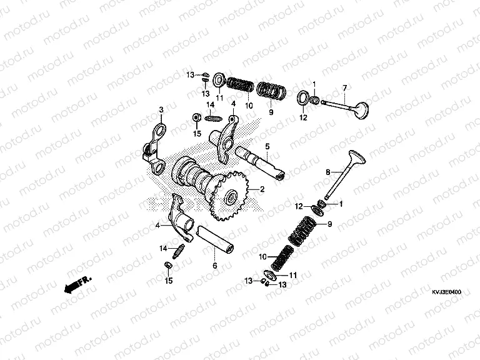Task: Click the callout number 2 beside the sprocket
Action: pos(262,189)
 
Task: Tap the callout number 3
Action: pos(161,110)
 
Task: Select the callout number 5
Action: pos(266,147)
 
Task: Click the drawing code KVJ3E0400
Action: pos(445,292)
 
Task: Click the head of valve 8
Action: pos(354,156)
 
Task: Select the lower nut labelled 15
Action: pos(167,268)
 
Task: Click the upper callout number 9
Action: pos(271,112)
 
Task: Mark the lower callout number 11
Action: pos(292,273)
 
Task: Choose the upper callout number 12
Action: pos(303,116)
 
